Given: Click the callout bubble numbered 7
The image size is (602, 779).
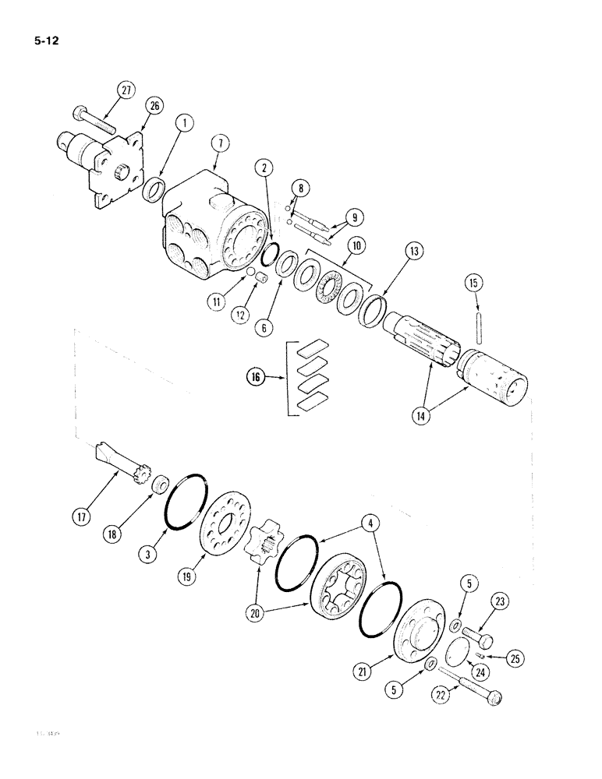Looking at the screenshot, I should click(218, 143).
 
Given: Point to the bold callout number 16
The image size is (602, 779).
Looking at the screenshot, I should click(255, 379).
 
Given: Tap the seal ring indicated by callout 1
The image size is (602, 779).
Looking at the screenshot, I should click(153, 189).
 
